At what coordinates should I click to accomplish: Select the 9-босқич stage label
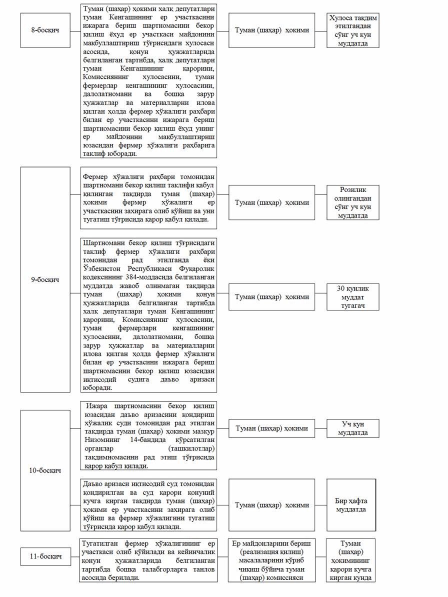click(x=45, y=279)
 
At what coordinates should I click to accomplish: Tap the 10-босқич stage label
click(x=45, y=470)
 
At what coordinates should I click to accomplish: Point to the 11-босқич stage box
click(x=45, y=555)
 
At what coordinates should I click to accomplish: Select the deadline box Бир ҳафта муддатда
click(x=351, y=505)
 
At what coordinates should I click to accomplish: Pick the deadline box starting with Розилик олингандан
click(x=352, y=202)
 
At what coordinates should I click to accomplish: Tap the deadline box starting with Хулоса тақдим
click(x=353, y=30)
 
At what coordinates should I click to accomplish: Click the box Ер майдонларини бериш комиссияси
click(x=271, y=560)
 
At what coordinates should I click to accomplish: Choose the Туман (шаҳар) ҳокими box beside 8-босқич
click(x=271, y=30)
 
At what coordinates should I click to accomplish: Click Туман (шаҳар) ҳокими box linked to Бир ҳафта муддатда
click(x=271, y=505)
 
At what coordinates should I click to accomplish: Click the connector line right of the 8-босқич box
click(x=75, y=30)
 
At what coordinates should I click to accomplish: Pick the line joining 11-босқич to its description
click(x=75, y=555)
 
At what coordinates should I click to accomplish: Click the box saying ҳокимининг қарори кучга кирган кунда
click(x=351, y=560)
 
